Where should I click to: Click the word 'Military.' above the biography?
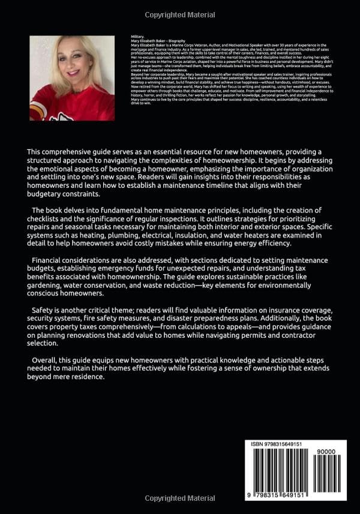pos(137,37)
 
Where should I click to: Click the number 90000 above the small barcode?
pos(329,455)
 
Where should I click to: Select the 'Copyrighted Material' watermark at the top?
pos(180,14)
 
